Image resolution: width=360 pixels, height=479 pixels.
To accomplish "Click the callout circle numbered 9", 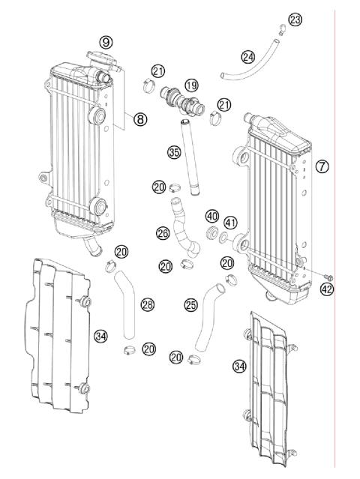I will coord(105,42).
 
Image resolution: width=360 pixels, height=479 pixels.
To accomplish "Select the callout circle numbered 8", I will coord(139,118).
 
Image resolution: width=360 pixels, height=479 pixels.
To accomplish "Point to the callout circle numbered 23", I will coord(295,19).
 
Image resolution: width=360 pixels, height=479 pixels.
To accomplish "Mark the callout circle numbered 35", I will coord(174,153).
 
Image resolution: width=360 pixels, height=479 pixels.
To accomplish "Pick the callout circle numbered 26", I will coord(163,233).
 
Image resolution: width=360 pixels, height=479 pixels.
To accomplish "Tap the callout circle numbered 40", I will coord(212,216).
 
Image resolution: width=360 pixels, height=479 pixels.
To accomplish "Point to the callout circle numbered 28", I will coord(147,304).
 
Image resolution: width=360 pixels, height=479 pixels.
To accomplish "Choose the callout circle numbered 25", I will coord(190,305).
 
